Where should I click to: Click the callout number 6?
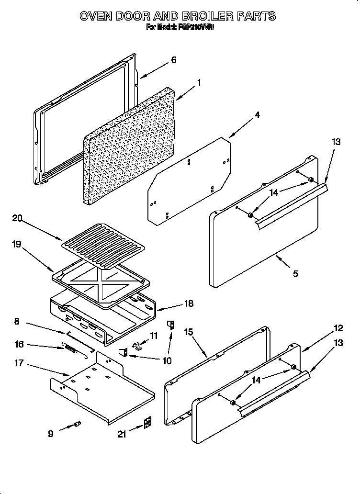coord(173,60)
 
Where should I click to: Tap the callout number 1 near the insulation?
coord(199,82)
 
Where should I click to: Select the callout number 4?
coord(257,115)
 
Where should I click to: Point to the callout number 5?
coord(295,274)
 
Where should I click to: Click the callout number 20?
coord(17,218)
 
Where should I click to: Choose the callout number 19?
coord(17,244)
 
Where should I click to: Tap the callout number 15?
coord(189,331)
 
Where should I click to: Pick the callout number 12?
coord(338,328)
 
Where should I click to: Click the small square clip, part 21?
coord(148,422)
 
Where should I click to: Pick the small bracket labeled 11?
coord(137,346)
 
